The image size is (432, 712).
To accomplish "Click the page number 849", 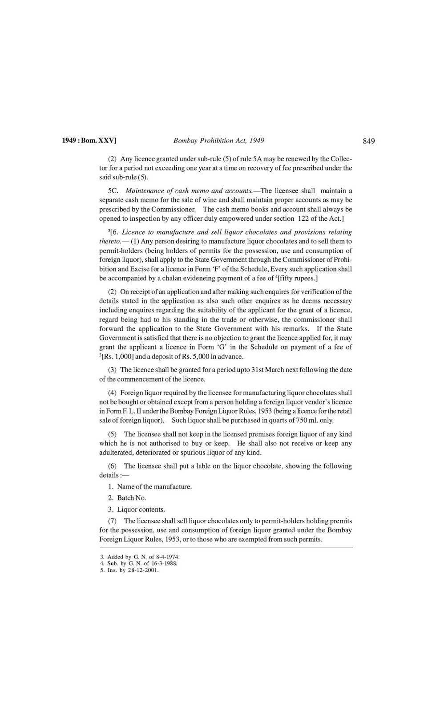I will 369,142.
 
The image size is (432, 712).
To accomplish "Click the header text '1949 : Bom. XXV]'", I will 89,141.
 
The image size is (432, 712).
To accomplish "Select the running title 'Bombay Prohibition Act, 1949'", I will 218,141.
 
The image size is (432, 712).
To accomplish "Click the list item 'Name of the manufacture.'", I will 154,487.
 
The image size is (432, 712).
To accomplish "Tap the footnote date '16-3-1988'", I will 165,563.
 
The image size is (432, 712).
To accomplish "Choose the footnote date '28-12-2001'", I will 143,570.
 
